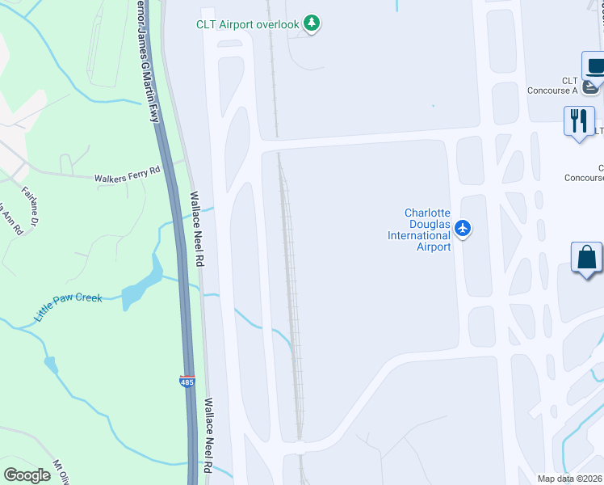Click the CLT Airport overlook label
click(248, 24)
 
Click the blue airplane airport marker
click(463, 229)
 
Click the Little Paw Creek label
click(68, 307)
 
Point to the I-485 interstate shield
click(187, 381)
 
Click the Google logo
click(27, 475)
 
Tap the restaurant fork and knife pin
click(578, 122)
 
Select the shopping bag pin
click(587, 259)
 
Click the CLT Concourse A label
click(571, 86)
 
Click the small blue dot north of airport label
click(434, 106)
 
